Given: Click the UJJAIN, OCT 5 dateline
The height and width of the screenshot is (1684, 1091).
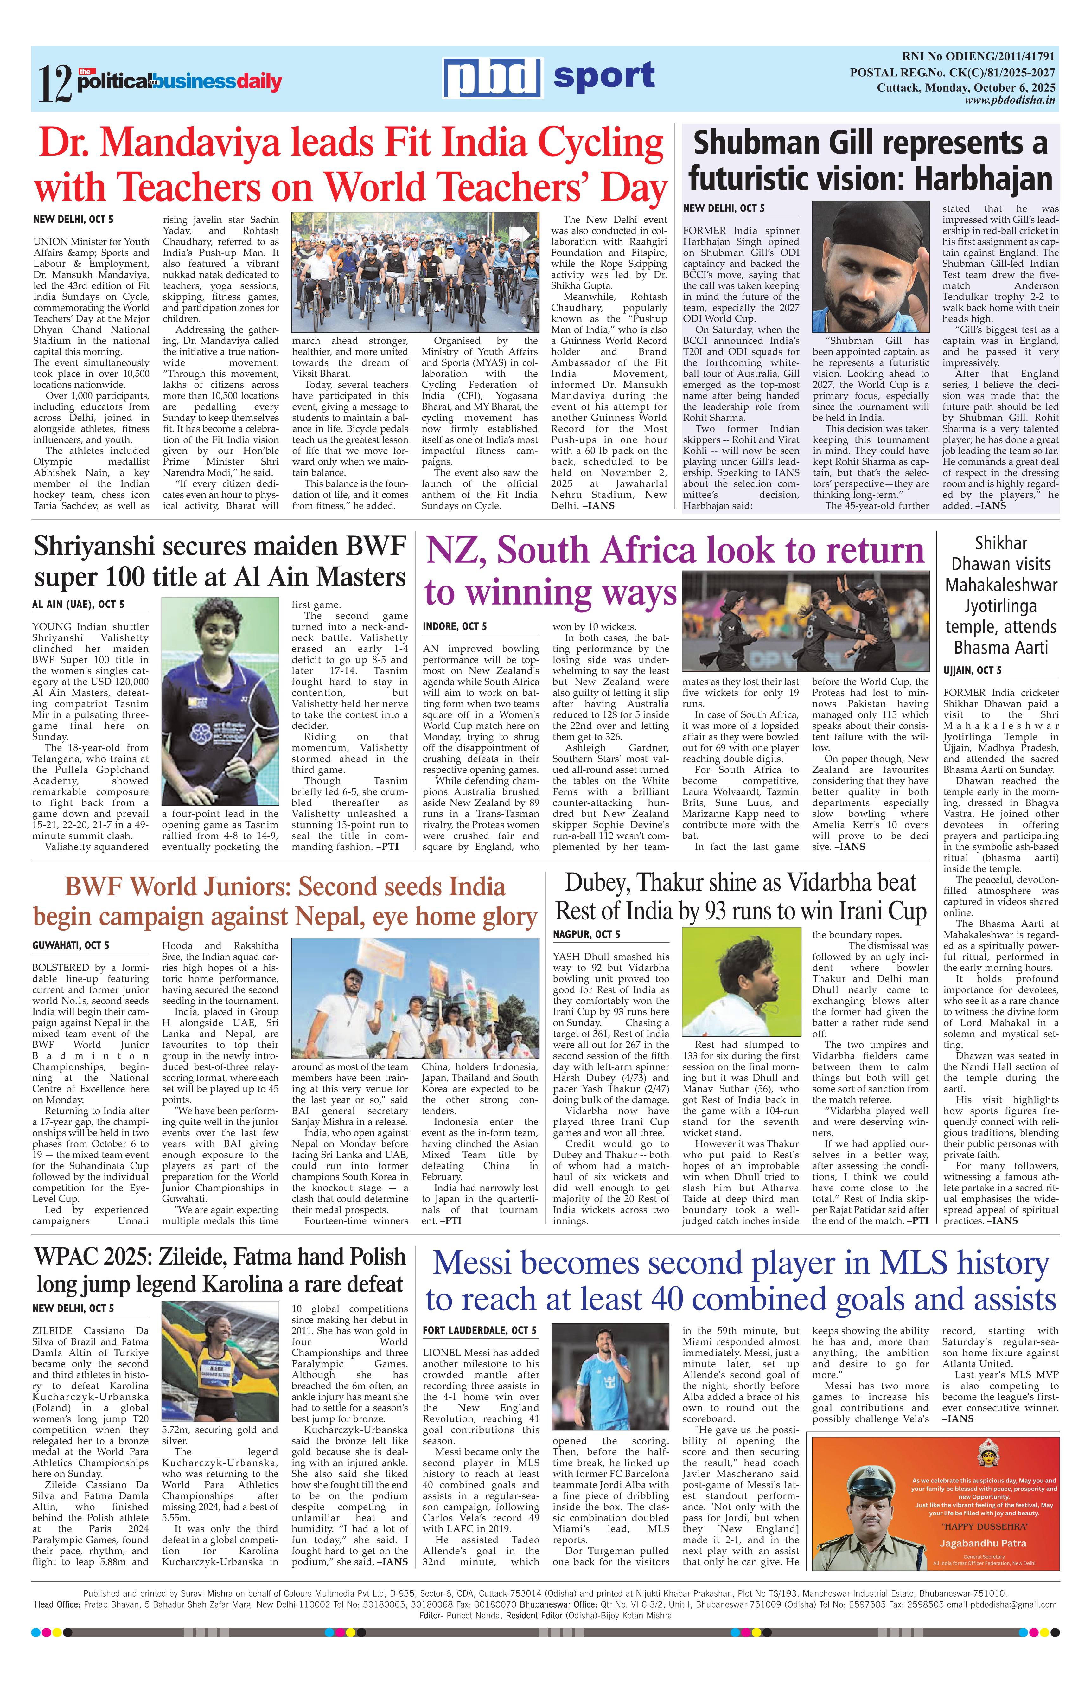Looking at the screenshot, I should click(x=972, y=670).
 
